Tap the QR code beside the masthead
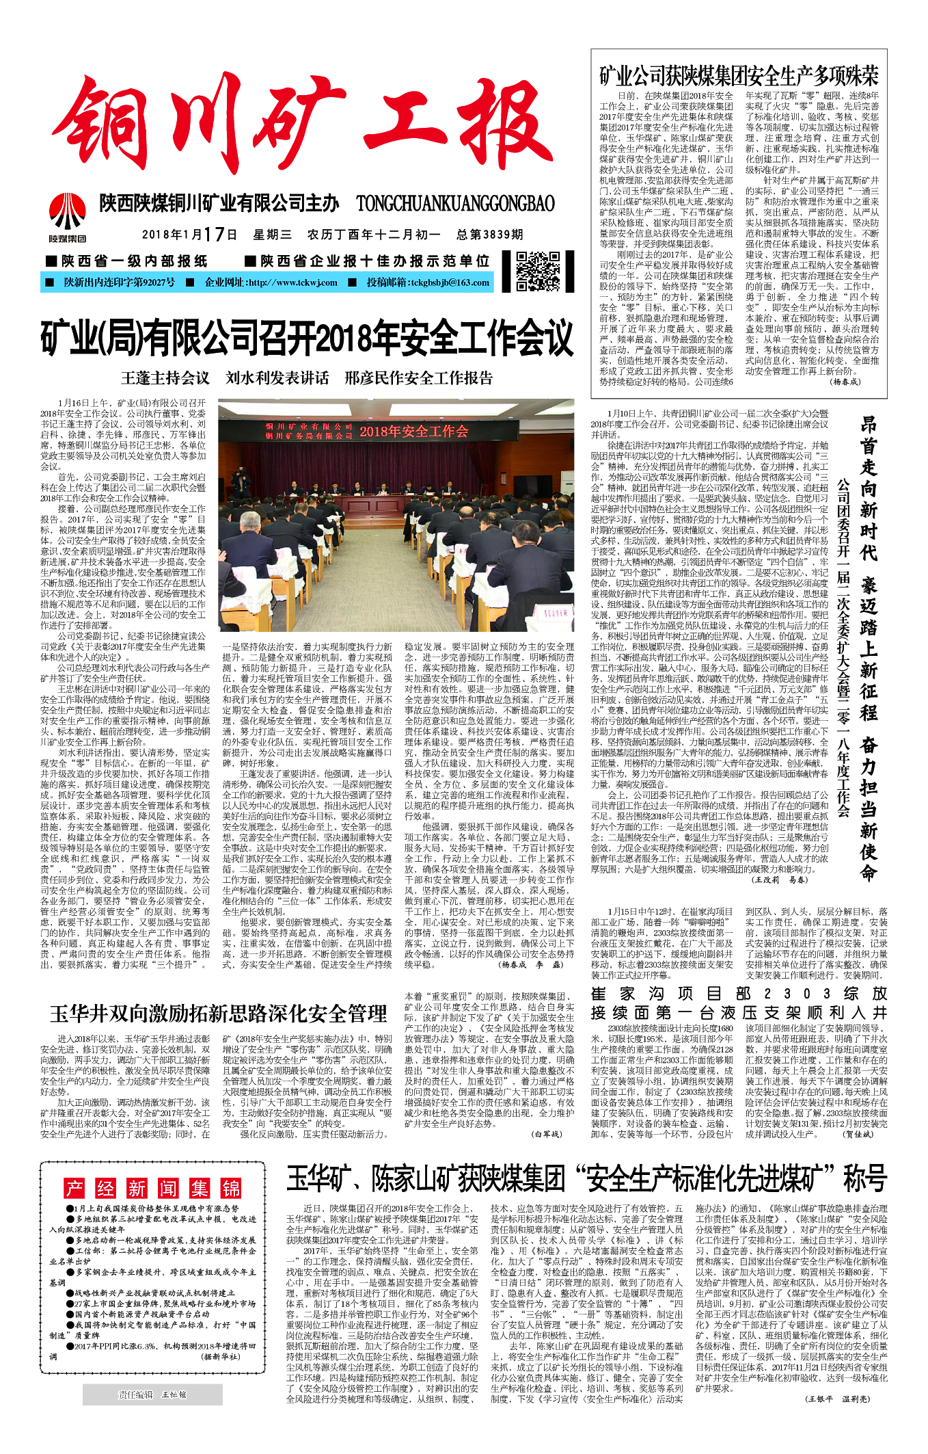pos(538,272)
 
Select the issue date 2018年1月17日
pos(189,235)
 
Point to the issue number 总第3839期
pos(489,235)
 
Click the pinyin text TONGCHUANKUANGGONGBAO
pos(455,203)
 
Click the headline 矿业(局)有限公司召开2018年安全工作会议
pos(307,339)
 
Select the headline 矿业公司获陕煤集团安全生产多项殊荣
pos(739,76)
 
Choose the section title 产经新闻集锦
pos(152,1188)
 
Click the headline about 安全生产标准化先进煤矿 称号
pos(586,1178)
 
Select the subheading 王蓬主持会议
pos(165,378)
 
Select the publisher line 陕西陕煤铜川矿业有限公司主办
pos(219,203)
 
